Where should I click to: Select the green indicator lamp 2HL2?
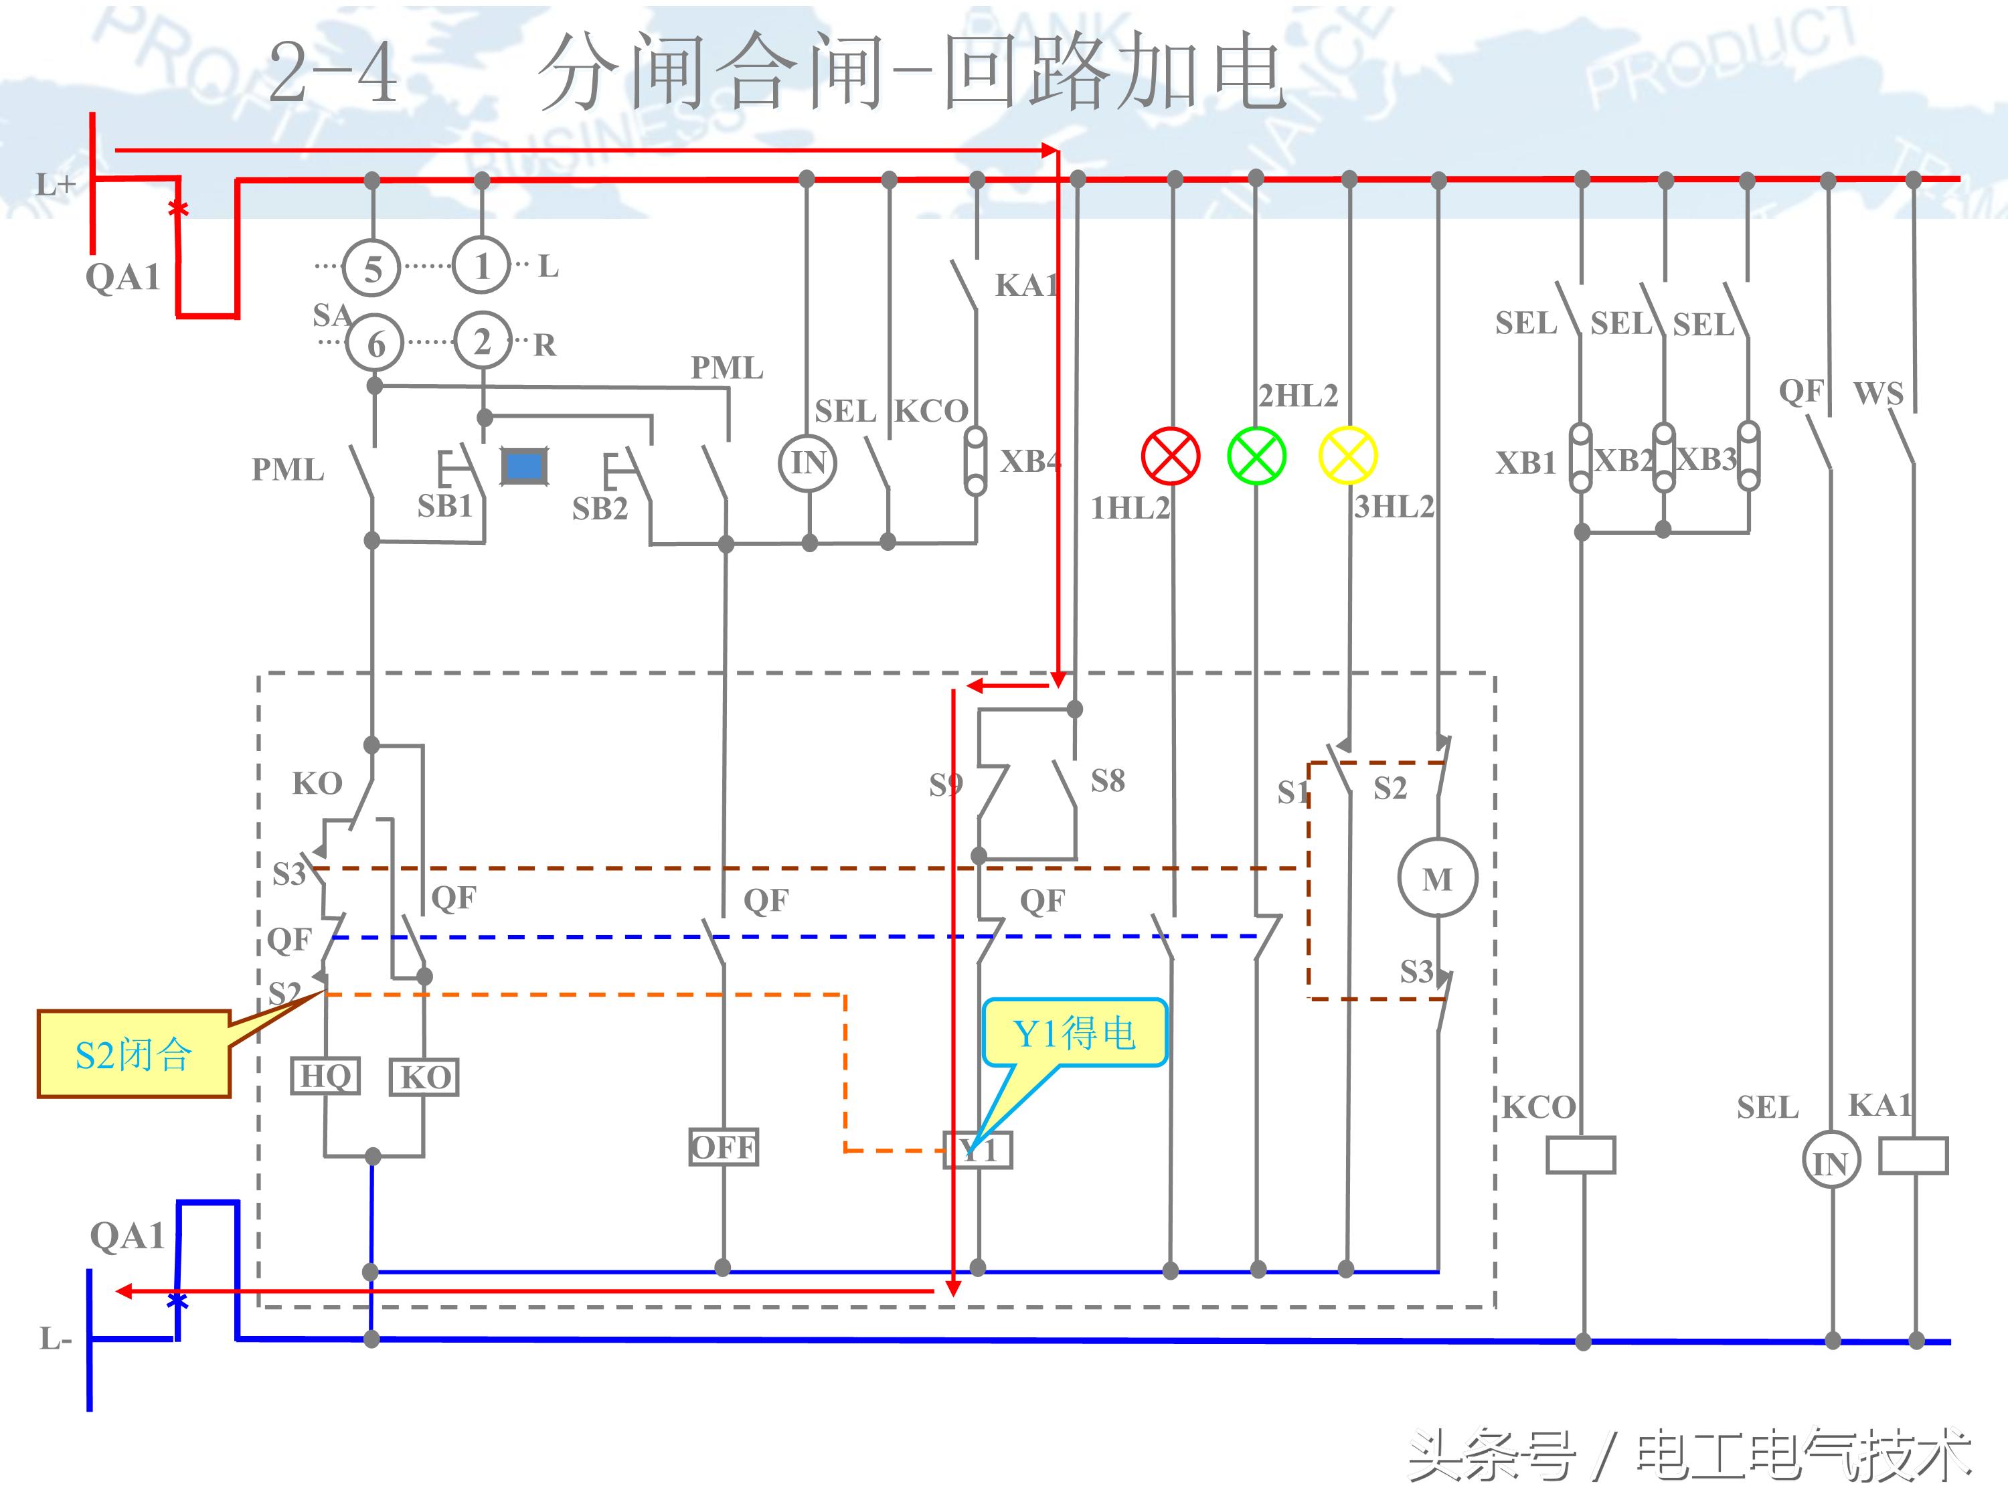click(x=1256, y=456)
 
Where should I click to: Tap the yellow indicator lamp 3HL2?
click(x=1348, y=456)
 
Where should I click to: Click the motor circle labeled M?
click(x=1437, y=879)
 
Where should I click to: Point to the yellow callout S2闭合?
click(x=133, y=1054)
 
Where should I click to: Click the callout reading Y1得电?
click(x=1074, y=1033)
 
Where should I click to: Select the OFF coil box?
click(x=724, y=1147)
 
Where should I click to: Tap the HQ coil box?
click(x=325, y=1076)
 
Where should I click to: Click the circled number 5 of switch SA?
click(x=372, y=268)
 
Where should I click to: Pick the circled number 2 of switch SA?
click(x=482, y=341)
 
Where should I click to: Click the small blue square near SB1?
click(x=524, y=467)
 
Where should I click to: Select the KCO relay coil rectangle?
click(x=1580, y=1155)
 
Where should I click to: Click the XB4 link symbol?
click(x=975, y=461)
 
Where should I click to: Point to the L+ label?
click(x=54, y=185)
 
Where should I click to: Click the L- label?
click(x=54, y=1338)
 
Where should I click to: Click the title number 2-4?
click(x=333, y=72)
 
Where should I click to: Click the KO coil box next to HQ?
click(x=424, y=1078)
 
